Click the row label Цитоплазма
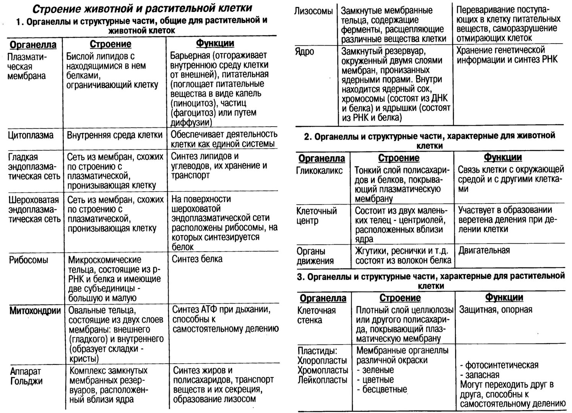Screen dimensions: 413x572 (x=31, y=135)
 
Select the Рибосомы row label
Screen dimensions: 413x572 (x=29, y=260)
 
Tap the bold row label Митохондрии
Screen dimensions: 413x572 (x=35, y=311)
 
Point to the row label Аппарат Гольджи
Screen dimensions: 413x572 (x=26, y=376)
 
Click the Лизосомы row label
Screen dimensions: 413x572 (x=314, y=11)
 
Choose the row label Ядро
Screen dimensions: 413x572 (x=305, y=51)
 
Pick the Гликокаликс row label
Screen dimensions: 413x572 (x=320, y=171)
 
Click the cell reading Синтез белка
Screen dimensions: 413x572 (x=197, y=259)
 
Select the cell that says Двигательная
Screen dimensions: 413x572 (x=484, y=250)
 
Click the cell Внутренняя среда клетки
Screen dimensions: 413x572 (x=115, y=135)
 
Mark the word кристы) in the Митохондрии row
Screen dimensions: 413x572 (x=84, y=358)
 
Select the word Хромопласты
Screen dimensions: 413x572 (x=323, y=370)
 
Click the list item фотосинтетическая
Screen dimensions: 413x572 (x=502, y=365)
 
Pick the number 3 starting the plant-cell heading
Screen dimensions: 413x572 (x=300, y=276)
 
